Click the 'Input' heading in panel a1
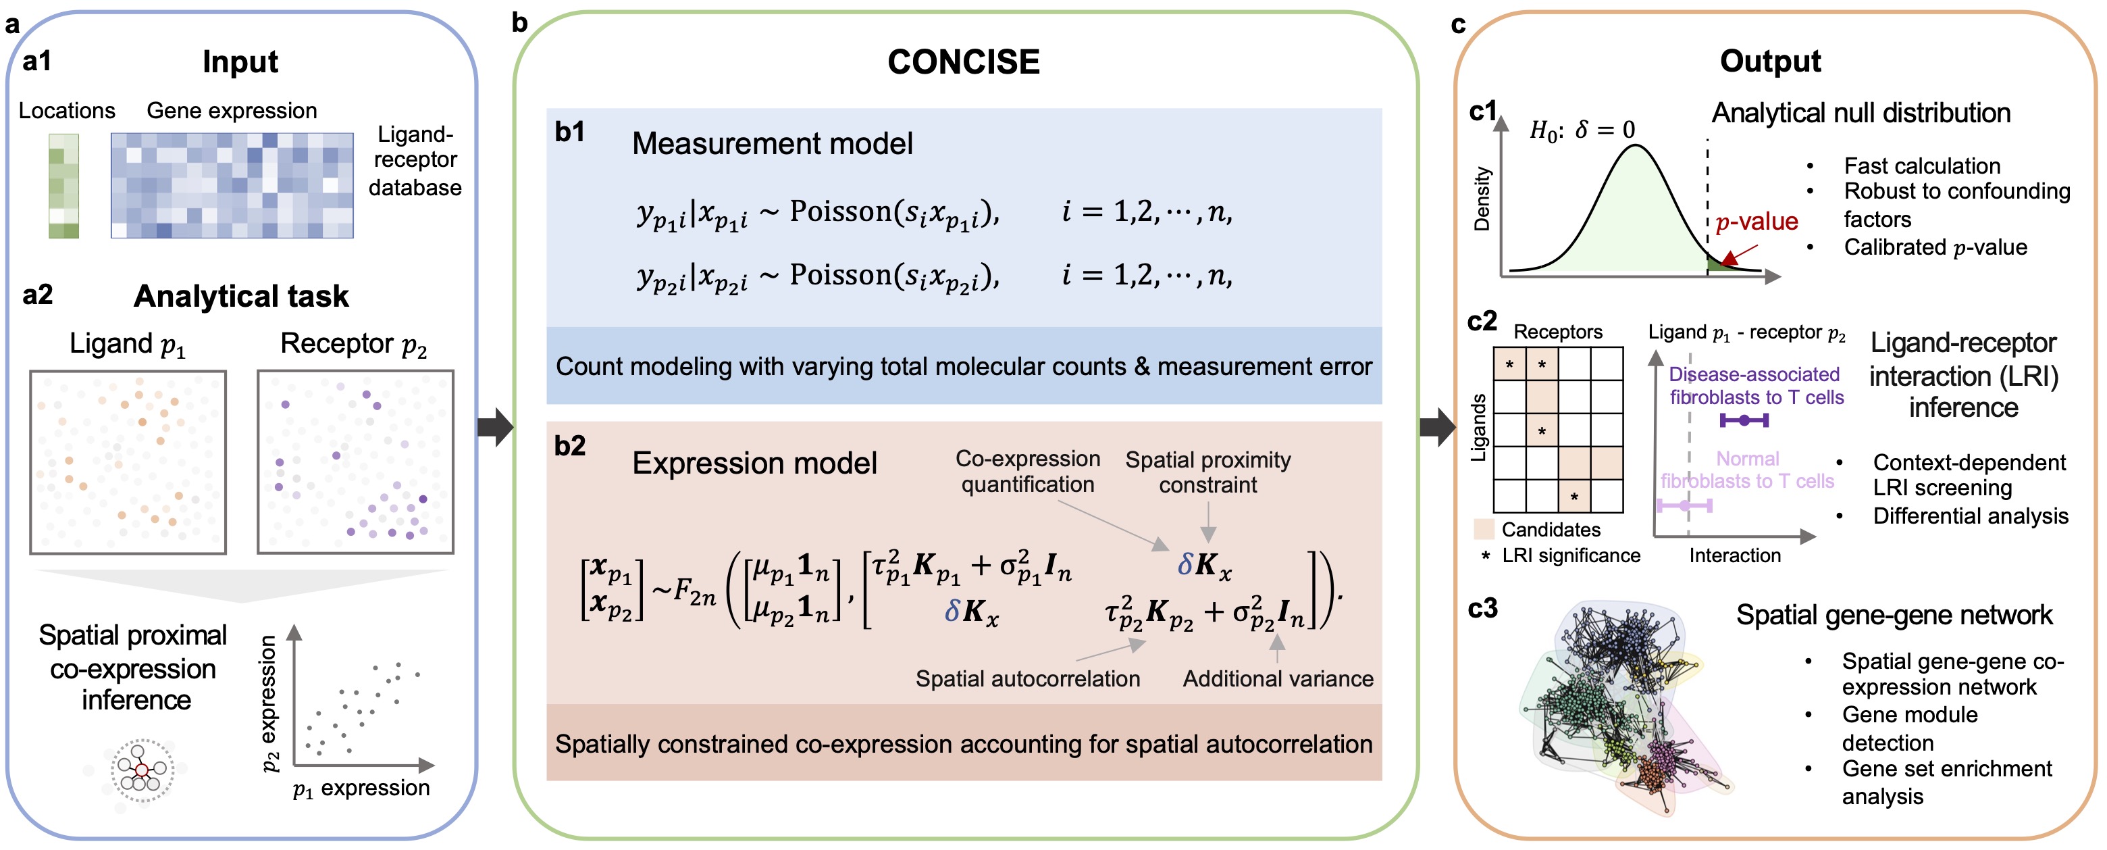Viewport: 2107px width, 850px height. coord(240,62)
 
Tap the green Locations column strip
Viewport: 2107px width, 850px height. coord(63,186)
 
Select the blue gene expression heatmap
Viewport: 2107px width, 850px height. coord(232,186)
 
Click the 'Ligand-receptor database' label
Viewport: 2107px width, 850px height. coord(415,161)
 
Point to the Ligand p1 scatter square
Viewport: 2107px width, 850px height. coord(128,462)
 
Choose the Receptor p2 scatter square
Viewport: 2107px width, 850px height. coord(355,462)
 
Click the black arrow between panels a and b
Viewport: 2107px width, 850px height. coord(496,426)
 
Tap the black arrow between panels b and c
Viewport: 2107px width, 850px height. coord(1437,426)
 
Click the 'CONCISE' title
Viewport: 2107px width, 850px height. coord(964,62)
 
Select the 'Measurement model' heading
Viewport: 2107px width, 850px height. coord(772,144)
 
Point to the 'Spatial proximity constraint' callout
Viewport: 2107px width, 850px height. coord(1208,472)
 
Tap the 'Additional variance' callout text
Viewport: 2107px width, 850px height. coord(1278,679)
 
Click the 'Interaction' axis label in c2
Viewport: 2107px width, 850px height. coord(1735,555)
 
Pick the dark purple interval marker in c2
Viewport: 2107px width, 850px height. coord(1744,420)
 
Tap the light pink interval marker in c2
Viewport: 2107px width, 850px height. coord(1684,506)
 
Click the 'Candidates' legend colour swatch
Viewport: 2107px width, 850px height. coord(1484,529)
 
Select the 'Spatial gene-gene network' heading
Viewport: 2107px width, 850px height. coord(1894,616)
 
